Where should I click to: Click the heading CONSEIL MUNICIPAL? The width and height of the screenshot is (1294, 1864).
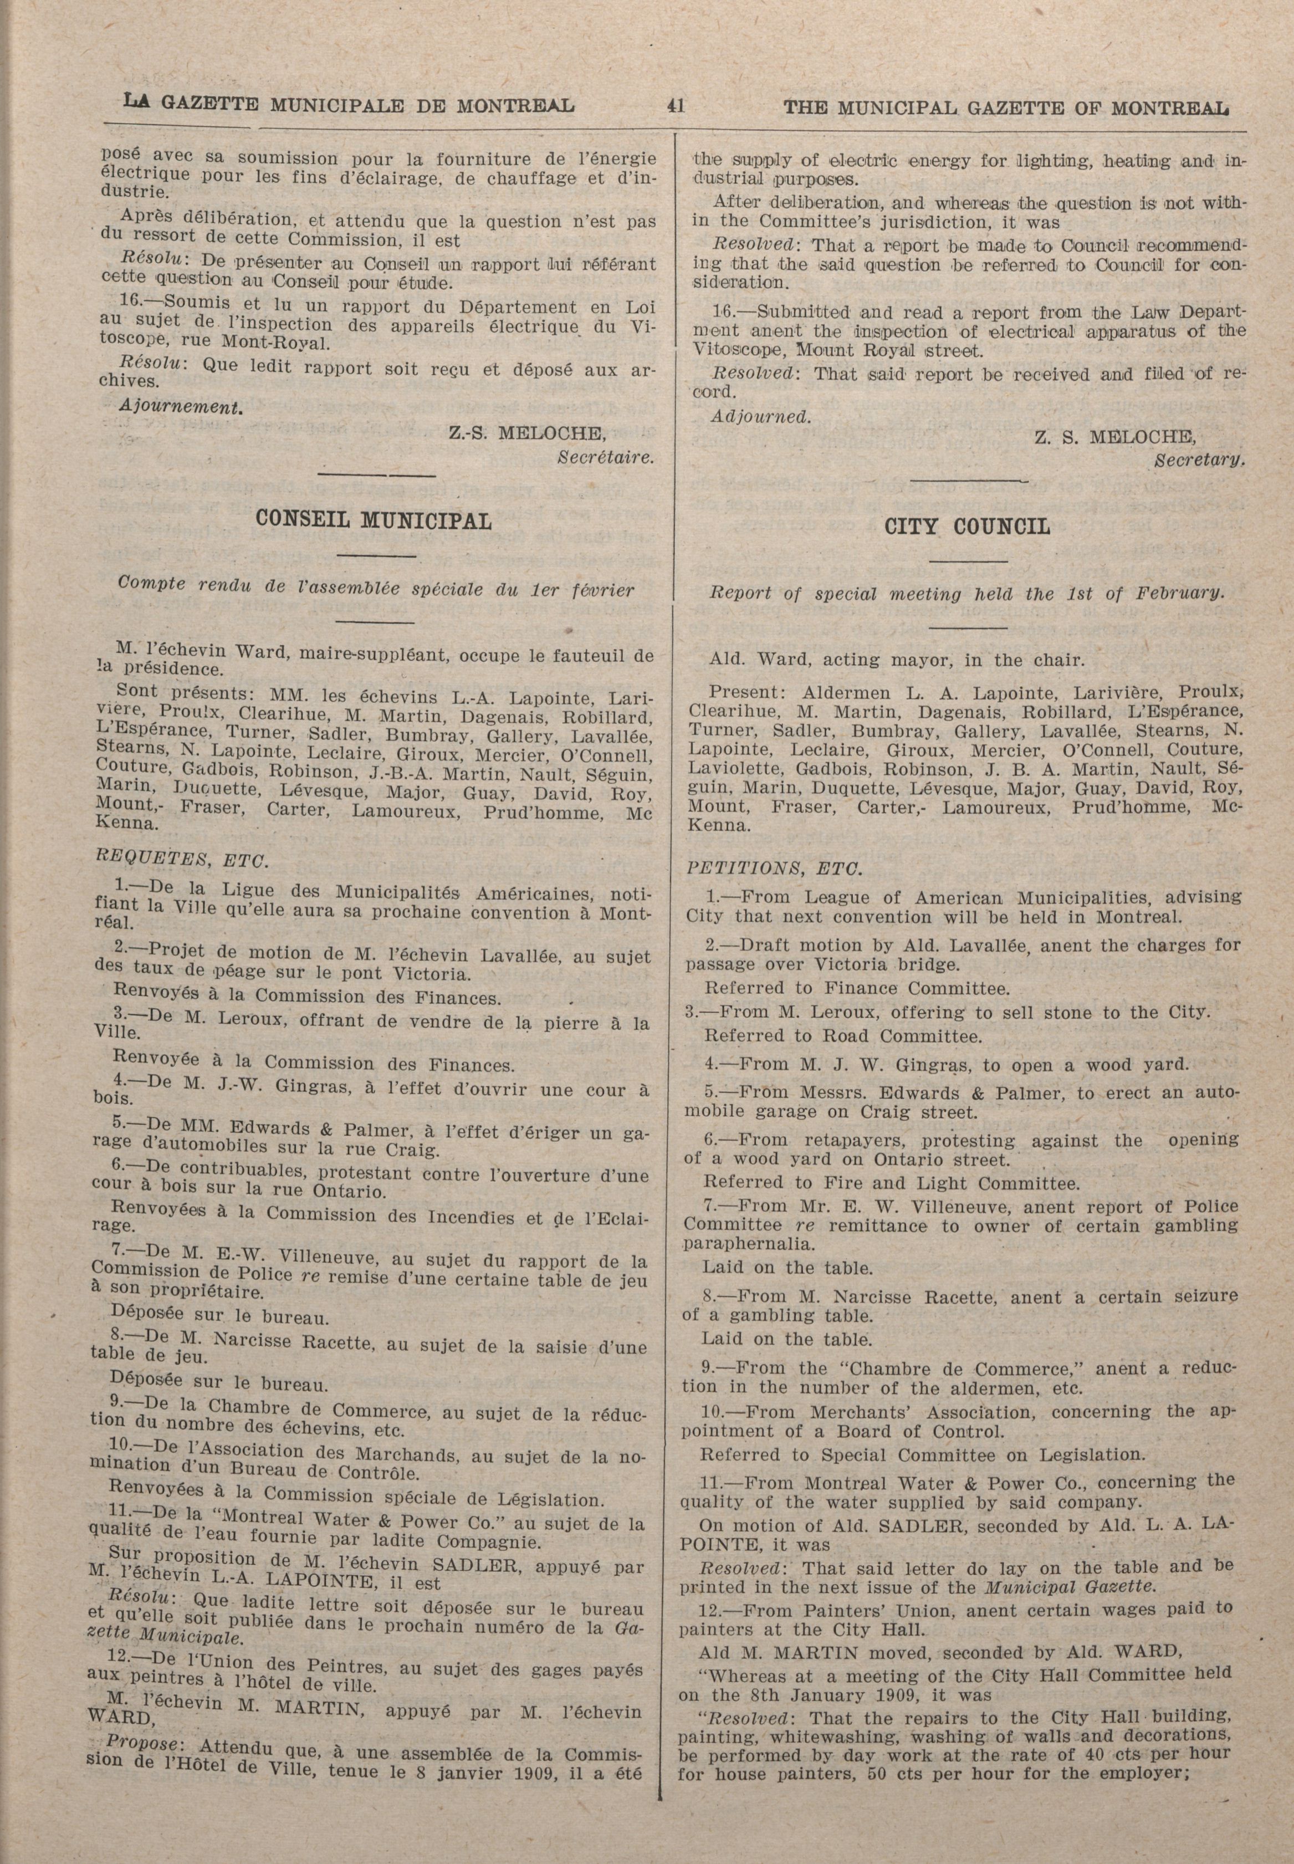[373, 520]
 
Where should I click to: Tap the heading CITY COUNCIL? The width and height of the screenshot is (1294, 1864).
[966, 527]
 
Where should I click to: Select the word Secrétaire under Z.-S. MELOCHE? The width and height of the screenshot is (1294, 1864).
[606, 457]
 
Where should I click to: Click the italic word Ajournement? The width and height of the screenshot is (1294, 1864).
[181, 407]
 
